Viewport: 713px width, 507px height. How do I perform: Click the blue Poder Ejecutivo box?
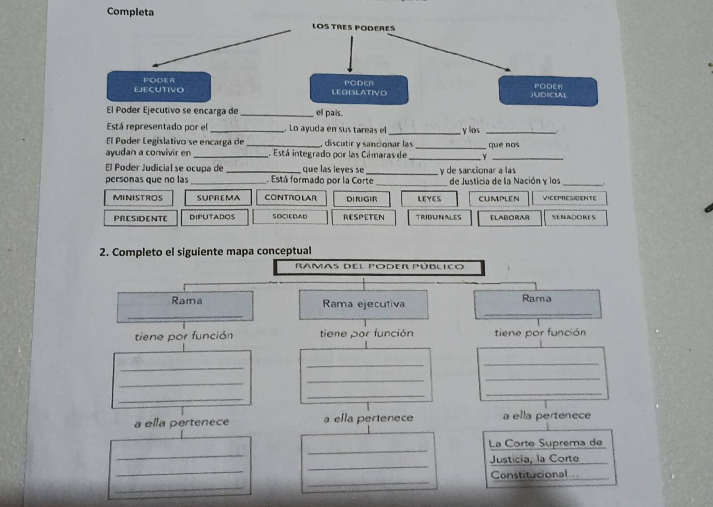click(x=158, y=86)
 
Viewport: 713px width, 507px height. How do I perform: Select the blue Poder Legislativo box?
click(x=359, y=88)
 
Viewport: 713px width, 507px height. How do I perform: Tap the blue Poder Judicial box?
click(x=548, y=91)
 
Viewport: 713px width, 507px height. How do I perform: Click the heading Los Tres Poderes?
click(x=354, y=28)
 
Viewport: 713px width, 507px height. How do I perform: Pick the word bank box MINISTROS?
click(x=138, y=198)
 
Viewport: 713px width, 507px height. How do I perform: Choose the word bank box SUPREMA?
click(x=219, y=198)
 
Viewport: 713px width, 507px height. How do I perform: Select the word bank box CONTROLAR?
click(x=291, y=198)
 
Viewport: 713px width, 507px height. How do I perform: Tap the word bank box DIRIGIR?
click(x=362, y=199)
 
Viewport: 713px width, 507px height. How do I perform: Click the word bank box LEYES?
click(x=429, y=199)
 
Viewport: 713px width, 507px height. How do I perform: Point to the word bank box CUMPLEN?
click(x=499, y=199)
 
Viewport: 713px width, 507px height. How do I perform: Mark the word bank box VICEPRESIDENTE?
click(x=569, y=198)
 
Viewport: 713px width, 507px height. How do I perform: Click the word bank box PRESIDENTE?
click(x=141, y=218)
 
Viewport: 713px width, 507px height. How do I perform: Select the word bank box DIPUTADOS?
click(x=212, y=217)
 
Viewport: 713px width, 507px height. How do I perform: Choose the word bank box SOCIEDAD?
click(x=290, y=217)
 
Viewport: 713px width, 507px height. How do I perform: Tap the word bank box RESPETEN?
click(x=364, y=217)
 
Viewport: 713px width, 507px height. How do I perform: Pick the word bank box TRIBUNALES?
click(x=438, y=217)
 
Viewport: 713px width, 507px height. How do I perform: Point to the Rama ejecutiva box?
click(x=363, y=304)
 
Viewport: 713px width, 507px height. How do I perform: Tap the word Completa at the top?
click(x=130, y=12)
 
